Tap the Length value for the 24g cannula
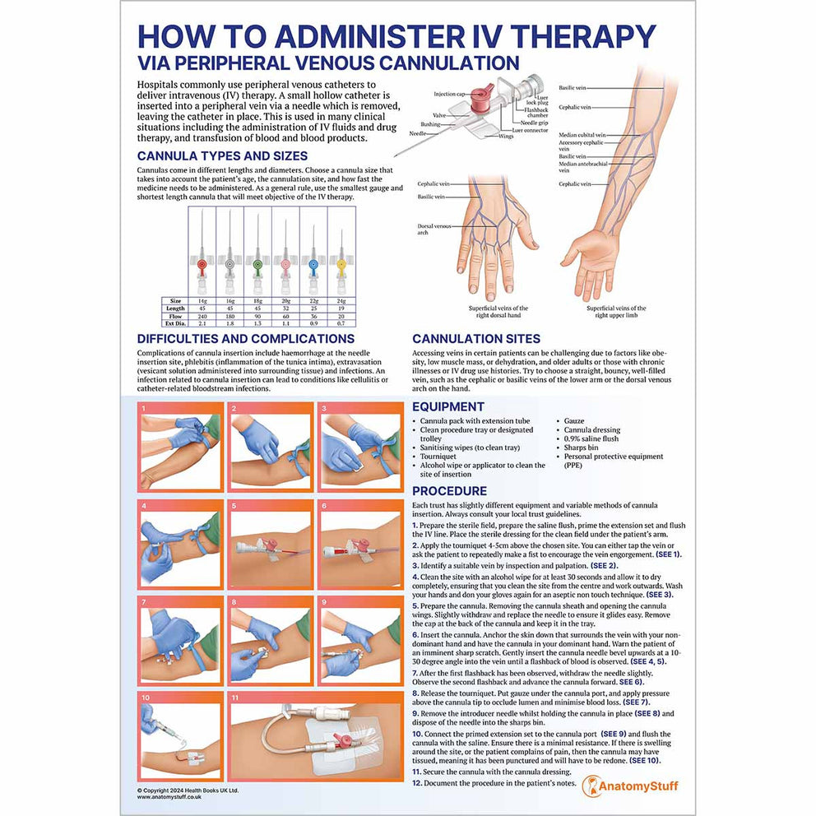tap(341, 308)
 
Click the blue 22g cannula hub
tap(313, 265)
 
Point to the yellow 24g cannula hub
tap(341, 265)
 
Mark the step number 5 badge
tap(234, 506)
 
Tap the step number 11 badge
tap(235, 698)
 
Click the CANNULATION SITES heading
tap(476, 339)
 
